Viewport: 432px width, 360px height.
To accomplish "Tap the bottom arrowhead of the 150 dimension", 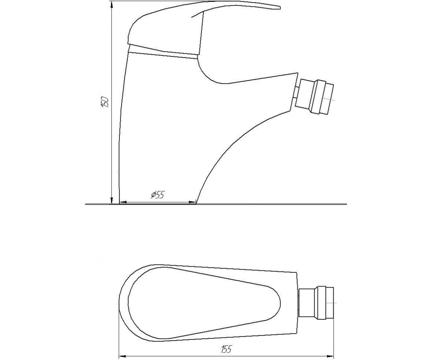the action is pyautogui.click(x=112, y=201).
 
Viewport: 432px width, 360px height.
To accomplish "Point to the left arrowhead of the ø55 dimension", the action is pyautogui.click(x=123, y=202).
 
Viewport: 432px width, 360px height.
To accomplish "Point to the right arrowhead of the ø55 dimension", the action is pyautogui.click(x=192, y=202).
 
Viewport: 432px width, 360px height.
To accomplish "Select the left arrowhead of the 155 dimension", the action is pyautogui.click(x=123, y=356).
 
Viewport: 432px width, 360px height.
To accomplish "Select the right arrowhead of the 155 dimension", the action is pyautogui.click(x=330, y=356).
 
